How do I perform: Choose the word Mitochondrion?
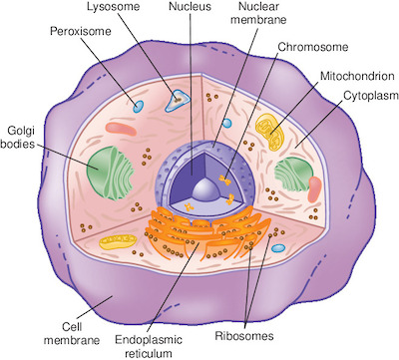pos(354,76)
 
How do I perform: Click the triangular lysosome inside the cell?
pos(178,98)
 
